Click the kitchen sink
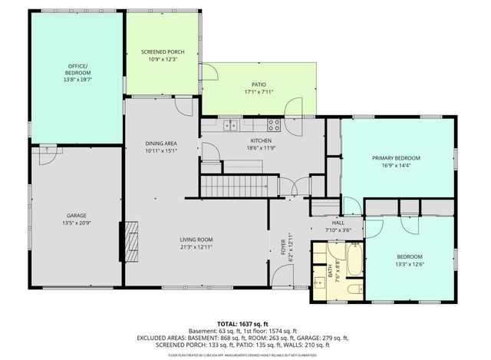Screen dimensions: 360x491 coord(230,125)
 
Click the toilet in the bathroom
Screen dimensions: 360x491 coord(353,289)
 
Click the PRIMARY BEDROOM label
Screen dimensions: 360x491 coord(396,158)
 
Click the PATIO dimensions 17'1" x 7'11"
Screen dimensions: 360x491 coord(259,93)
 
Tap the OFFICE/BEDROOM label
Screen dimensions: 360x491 coord(76,69)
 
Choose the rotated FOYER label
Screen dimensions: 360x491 coord(282,246)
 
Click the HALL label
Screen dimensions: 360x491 coord(337,222)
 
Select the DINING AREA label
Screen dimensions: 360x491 coord(161,144)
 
